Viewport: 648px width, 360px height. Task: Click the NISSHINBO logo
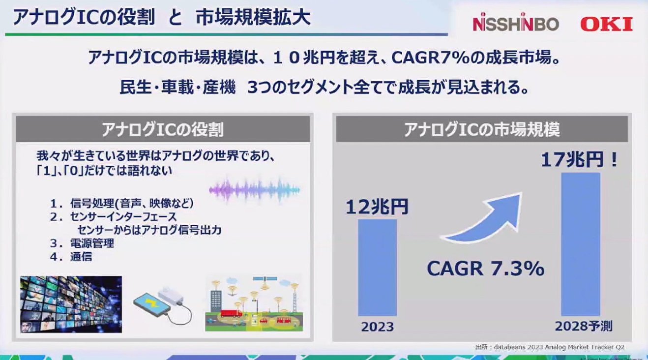tap(515, 24)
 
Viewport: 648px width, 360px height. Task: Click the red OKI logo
tap(606, 24)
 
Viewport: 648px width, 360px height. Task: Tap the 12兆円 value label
tap(377, 207)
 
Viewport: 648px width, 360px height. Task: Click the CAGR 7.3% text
tap(485, 269)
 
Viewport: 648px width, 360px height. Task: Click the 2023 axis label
tap(377, 327)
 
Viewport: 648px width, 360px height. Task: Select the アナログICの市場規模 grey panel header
tap(482, 130)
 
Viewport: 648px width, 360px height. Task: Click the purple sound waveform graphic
tap(254, 189)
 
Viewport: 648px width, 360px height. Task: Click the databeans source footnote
tap(550, 346)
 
